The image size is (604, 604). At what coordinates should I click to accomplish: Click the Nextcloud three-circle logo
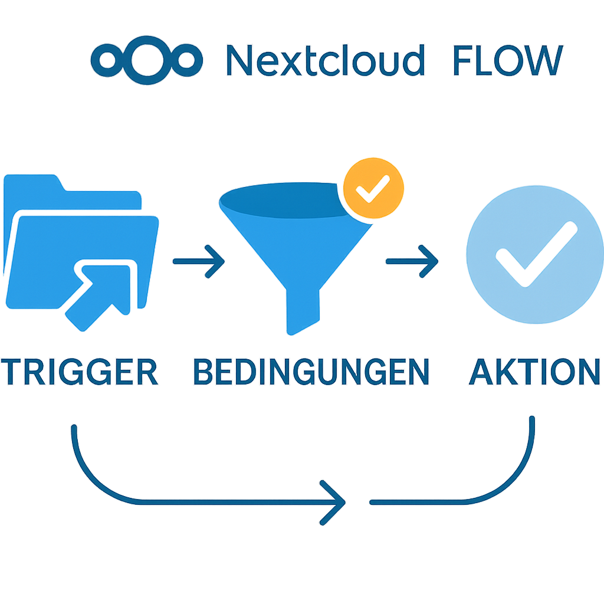tap(147, 59)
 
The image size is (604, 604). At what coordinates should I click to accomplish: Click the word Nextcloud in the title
tap(326, 60)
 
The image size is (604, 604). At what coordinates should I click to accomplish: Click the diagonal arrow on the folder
tap(100, 292)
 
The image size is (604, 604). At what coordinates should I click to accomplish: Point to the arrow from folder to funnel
tap(198, 260)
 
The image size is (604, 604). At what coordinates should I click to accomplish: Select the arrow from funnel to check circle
tap(412, 260)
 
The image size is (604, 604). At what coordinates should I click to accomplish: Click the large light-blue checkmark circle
tap(534, 254)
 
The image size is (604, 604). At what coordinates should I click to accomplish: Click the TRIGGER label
tap(81, 372)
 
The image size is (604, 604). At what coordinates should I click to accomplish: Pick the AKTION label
tap(534, 372)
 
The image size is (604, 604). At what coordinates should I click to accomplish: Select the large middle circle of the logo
tap(147, 59)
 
